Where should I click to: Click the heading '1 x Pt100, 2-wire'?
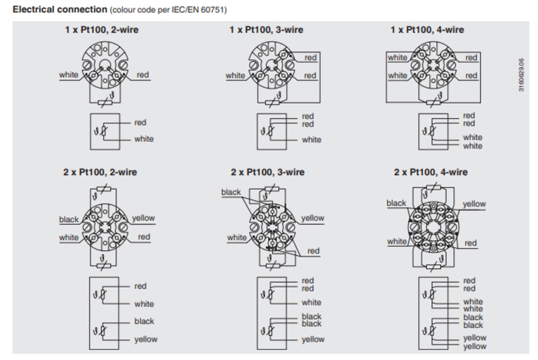[x=102, y=30]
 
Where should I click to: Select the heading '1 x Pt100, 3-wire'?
[x=266, y=30]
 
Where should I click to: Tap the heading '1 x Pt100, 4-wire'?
[x=427, y=30]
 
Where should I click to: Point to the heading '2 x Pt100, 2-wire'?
[x=100, y=172]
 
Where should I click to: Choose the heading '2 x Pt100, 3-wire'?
[x=268, y=172]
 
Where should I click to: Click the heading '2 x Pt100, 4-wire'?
[x=431, y=172]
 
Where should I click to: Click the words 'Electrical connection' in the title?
[x=60, y=9]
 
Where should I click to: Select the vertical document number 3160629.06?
[x=522, y=75]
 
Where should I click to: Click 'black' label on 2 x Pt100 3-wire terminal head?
[x=231, y=192]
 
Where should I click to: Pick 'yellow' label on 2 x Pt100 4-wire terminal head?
[x=474, y=204]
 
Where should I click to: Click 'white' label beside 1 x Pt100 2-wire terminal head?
[x=69, y=75]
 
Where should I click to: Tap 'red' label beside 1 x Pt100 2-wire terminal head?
[x=143, y=75]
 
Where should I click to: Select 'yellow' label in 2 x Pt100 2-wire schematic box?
[x=146, y=339]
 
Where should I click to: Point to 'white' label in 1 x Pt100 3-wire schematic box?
[x=311, y=140]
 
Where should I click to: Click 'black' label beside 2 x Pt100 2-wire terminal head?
[x=69, y=219]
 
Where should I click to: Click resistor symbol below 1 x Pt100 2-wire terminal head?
[x=105, y=103]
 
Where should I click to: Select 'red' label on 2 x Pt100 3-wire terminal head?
[x=313, y=251]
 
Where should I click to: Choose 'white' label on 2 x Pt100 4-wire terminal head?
[x=397, y=242]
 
